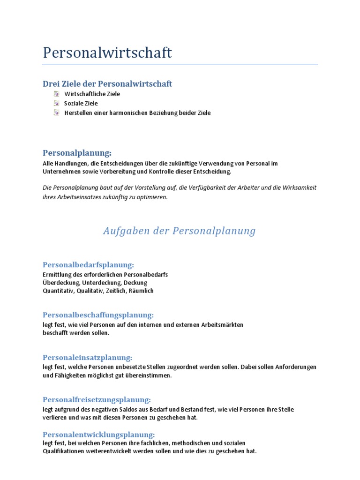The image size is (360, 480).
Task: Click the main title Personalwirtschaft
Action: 107,52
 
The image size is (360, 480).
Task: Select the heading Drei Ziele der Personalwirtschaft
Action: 107,84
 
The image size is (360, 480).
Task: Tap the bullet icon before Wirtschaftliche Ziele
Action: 56,94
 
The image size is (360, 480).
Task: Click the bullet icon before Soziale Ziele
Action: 56,103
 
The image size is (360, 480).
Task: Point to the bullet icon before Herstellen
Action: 56,112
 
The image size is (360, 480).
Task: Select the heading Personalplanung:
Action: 77,153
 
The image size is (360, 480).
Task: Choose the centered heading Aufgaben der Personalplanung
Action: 180,231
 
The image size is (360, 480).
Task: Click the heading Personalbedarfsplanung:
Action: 88,264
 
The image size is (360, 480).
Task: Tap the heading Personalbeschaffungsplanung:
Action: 98,315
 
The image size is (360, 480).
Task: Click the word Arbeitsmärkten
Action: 222,325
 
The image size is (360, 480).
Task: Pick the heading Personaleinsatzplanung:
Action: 87,358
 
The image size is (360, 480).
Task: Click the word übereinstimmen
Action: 150,375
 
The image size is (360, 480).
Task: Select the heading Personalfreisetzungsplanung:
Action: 97,400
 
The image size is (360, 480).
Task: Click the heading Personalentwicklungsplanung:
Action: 98,435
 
